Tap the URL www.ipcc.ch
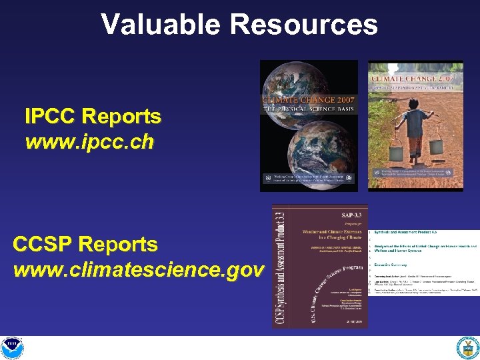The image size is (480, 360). tap(89, 141)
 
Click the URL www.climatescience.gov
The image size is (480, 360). tap(138, 270)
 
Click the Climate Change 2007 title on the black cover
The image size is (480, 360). tap(308, 101)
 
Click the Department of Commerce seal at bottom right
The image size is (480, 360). tap(467, 347)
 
